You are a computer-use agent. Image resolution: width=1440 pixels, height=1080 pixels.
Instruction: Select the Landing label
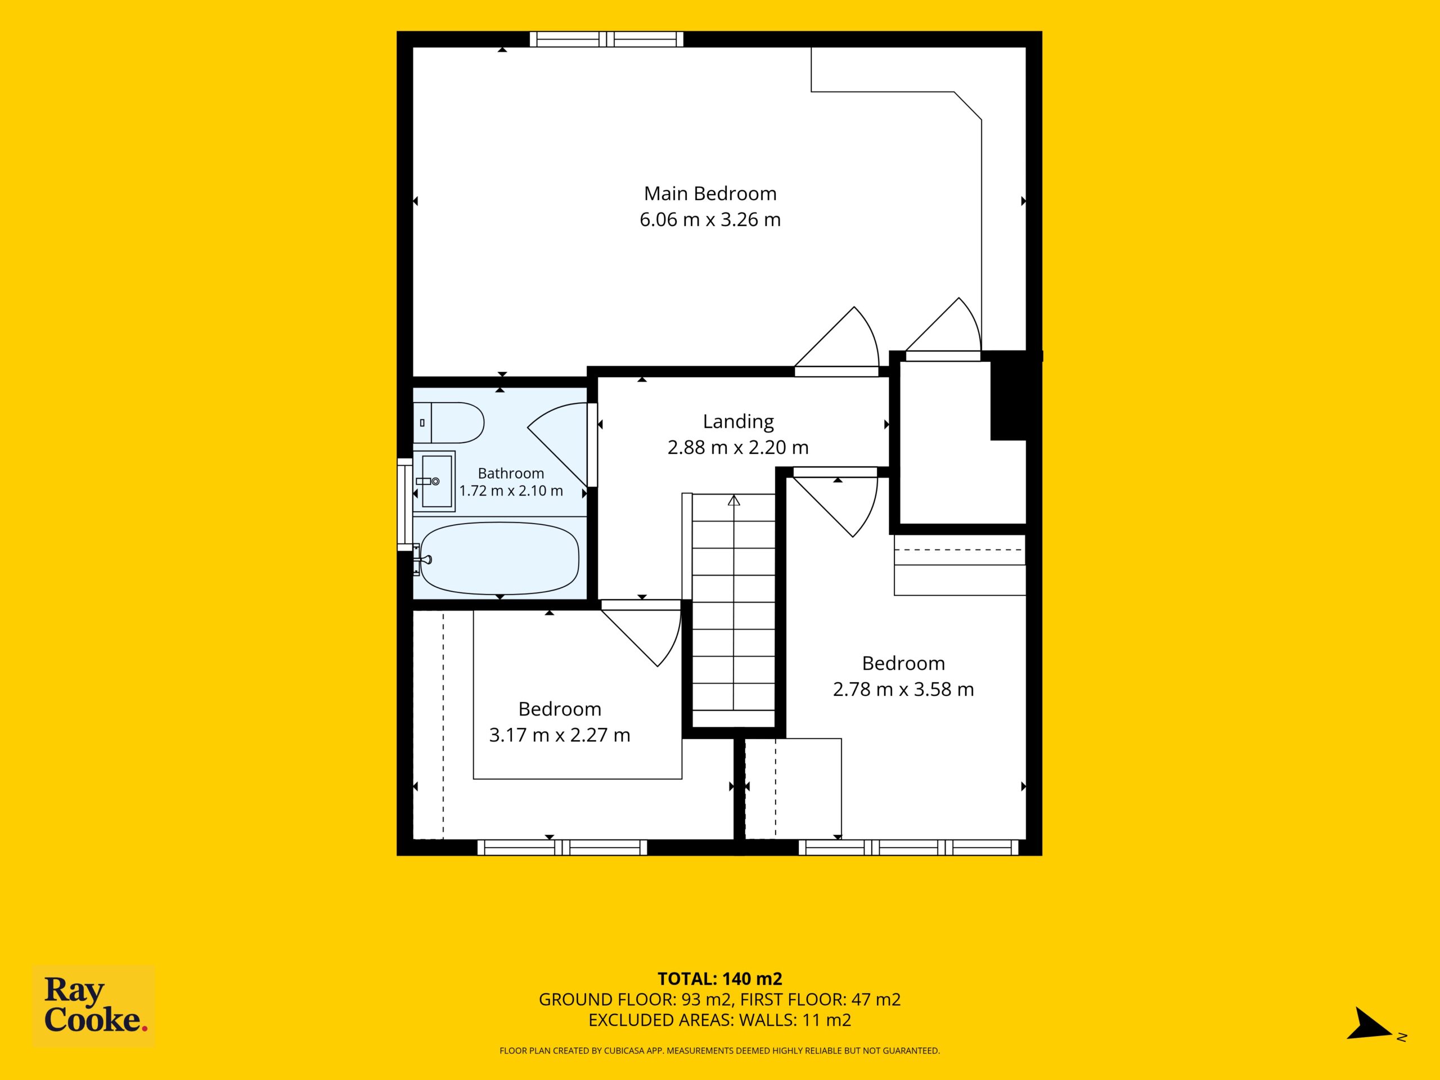point(738,422)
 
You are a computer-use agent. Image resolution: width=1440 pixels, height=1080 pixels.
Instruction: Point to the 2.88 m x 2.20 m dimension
point(738,447)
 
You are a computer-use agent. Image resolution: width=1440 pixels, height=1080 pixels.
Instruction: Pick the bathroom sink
point(434,480)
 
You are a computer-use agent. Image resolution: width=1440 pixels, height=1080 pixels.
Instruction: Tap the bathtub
point(499,558)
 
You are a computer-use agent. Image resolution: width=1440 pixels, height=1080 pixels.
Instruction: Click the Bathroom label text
point(510,473)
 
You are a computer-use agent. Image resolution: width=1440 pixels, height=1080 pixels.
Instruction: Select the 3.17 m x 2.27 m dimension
point(559,735)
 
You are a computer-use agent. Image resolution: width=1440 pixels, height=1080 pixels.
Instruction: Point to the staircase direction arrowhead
point(733,500)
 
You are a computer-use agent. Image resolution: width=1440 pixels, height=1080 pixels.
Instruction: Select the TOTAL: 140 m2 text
point(719,978)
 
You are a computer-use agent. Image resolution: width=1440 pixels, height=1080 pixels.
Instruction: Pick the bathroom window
point(405,505)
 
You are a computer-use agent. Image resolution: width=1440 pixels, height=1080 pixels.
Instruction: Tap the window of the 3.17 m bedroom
point(562,847)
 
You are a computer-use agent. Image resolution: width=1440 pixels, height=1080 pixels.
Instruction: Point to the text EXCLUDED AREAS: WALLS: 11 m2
point(719,1020)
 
